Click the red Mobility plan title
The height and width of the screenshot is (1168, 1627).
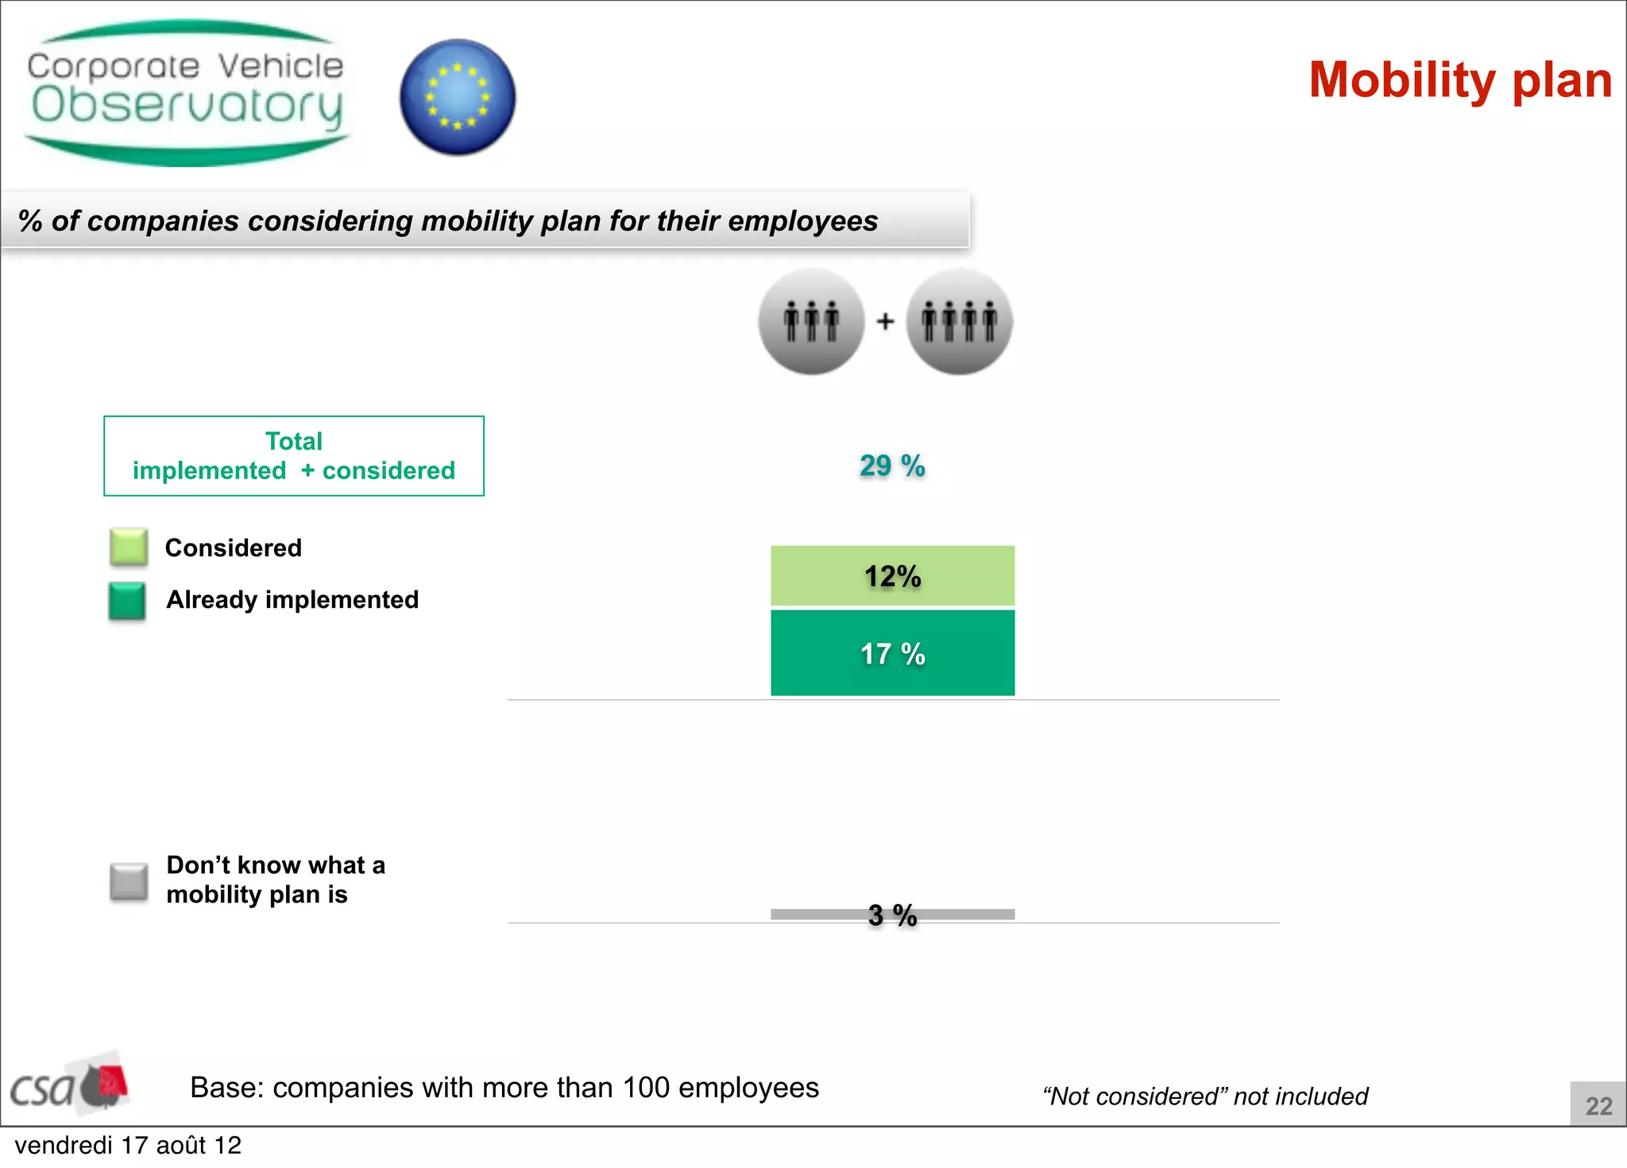[1460, 80]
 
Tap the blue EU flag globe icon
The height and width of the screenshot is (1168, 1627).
[458, 97]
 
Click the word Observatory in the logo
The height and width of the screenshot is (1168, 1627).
[187, 106]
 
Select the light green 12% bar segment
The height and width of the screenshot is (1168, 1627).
[892, 576]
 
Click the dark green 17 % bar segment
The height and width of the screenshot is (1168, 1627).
[892, 653]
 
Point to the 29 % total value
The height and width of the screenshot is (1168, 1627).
[892, 466]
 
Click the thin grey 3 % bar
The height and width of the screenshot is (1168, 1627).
[818, 914]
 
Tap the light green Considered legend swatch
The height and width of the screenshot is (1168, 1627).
[129, 547]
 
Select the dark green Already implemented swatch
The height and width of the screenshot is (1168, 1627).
[127, 601]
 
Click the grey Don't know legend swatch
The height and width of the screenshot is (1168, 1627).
[129, 882]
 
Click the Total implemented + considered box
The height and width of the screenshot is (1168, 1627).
[294, 456]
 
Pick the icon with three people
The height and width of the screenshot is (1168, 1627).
[811, 321]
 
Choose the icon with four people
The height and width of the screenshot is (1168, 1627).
[959, 321]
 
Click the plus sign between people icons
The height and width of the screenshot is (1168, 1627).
[885, 321]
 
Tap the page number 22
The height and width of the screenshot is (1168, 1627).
[1598, 1105]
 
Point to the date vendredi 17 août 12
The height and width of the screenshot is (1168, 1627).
[128, 1146]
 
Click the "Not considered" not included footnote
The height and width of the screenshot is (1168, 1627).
[1205, 1096]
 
